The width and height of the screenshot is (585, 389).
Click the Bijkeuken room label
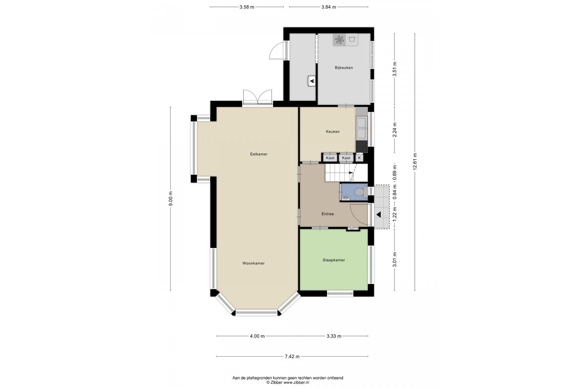click(344, 68)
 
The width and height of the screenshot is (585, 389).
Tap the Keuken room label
click(333, 132)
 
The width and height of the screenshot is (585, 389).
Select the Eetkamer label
click(259, 154)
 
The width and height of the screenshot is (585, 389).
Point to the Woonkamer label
click(253, 263)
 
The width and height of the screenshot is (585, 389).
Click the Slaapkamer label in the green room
click(334, 260)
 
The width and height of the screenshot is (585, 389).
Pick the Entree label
click(327, 214)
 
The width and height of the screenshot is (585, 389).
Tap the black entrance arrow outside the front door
click(378, 214)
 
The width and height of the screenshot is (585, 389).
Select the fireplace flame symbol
click(312, 81)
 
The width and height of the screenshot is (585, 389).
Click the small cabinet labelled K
click(359, 158)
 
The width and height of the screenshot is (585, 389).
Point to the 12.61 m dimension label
click(415, 161)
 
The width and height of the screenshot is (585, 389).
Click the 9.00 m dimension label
click(170, 199)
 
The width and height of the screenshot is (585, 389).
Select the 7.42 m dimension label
click(292, 357)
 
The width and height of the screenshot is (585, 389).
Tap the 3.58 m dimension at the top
click(247, 7)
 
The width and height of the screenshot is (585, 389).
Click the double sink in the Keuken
click(361, 128)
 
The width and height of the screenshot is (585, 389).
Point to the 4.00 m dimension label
click(257, 336)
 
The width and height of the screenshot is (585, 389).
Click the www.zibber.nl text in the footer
click(296, 383)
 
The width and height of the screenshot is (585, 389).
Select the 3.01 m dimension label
click(395, 260)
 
